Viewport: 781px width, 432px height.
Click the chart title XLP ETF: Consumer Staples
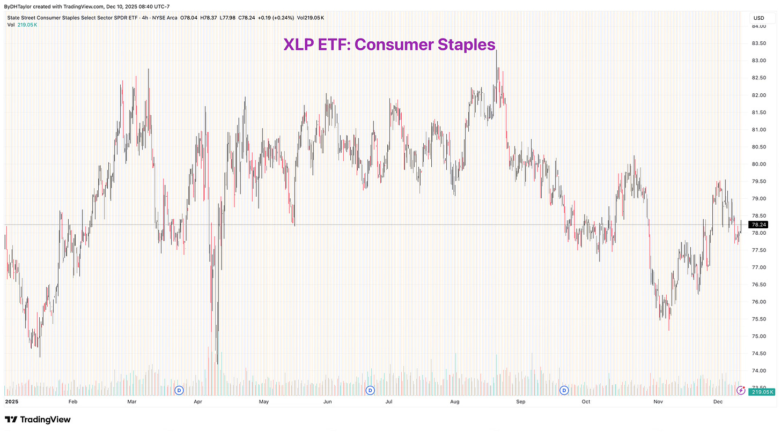[389, 44]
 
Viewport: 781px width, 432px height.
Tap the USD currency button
[758, 18]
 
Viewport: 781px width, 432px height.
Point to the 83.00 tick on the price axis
[760, 61]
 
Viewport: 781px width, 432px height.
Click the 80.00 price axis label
[760, 164]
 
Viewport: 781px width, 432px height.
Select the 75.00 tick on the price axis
[760, 336]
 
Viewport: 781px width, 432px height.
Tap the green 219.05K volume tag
[762, 392]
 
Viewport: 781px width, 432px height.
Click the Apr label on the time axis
[198, 401]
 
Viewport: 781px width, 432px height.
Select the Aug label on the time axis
[455, 401]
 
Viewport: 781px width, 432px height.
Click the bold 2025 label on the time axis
[12, 401]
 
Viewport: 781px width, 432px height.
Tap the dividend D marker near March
[179, 390]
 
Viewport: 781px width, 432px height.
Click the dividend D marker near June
[370, 390]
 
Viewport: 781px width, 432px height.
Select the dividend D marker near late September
[564, 390]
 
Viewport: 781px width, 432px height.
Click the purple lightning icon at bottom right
[741, 390]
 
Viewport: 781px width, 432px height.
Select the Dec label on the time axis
[718, 401]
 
